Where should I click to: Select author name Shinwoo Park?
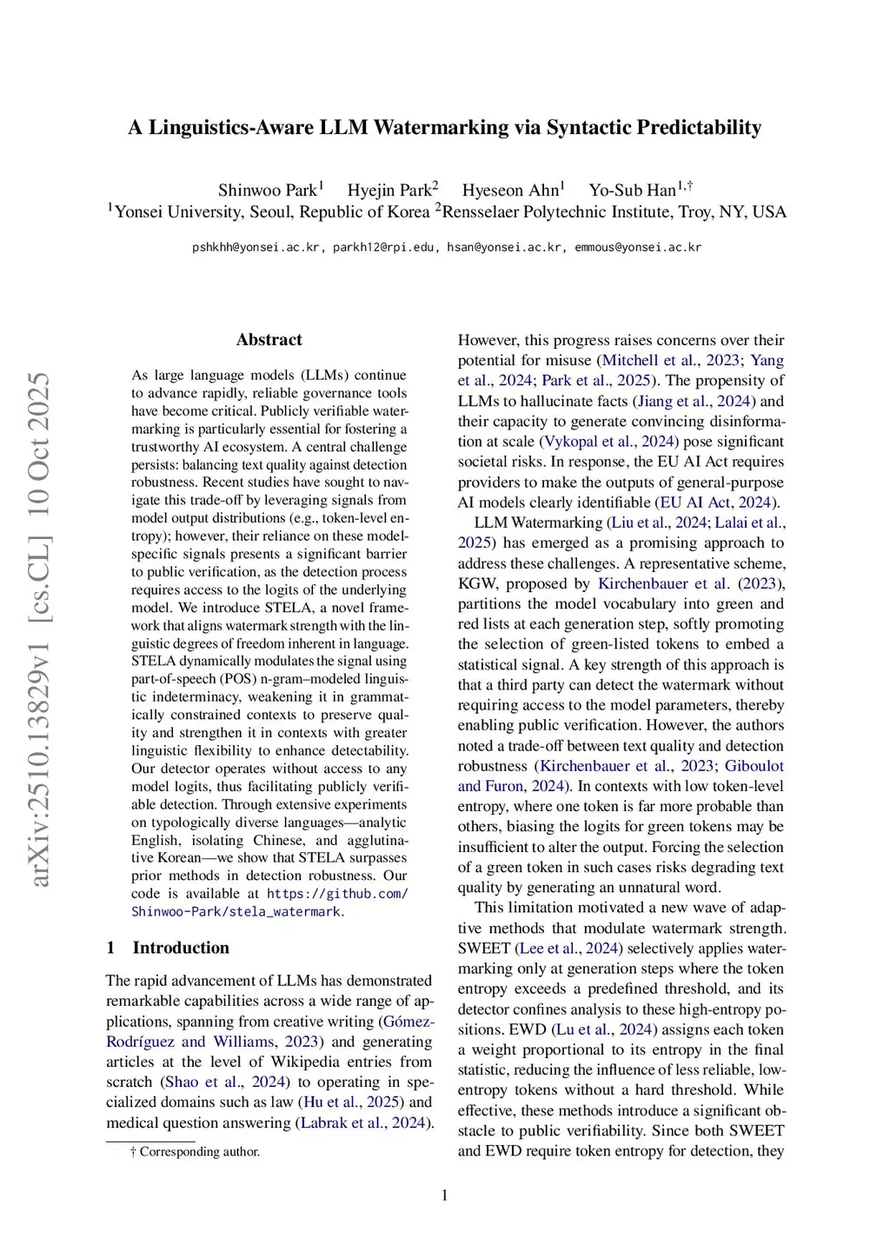268,190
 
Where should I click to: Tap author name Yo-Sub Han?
632,190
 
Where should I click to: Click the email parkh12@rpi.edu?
386,248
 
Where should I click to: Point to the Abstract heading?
269,340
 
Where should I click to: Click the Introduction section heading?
181,948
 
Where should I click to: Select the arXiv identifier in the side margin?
40,748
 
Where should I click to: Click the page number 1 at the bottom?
445,1196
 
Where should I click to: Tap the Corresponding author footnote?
199,1152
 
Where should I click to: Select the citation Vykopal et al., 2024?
611,442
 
